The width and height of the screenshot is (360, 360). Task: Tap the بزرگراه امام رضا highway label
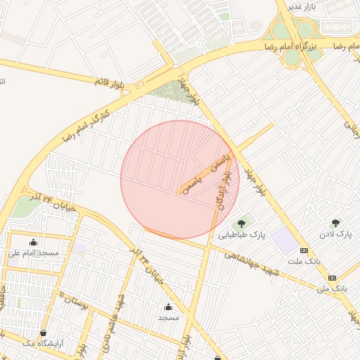tap(291, 46)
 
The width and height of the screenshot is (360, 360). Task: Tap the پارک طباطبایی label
tap(242, 236)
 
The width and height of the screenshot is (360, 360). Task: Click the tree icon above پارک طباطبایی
tap(241, 224)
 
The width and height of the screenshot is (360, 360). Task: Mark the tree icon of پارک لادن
tap(335, 222)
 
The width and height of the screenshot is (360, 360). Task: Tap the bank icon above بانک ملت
tap(304, 250)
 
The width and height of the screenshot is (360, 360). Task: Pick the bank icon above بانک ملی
tap(332, 277)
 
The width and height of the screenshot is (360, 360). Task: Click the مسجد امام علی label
tap(33, 252)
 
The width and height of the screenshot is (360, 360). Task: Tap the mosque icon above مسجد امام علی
tap(33, 241)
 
